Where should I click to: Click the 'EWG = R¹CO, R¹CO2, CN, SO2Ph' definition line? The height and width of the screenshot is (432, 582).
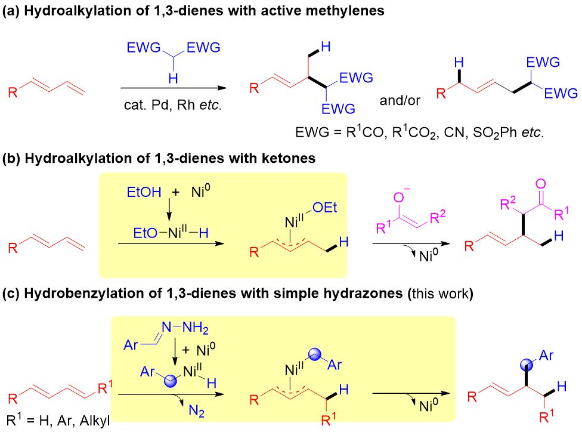pyautogui.click(x=419, y=132)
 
